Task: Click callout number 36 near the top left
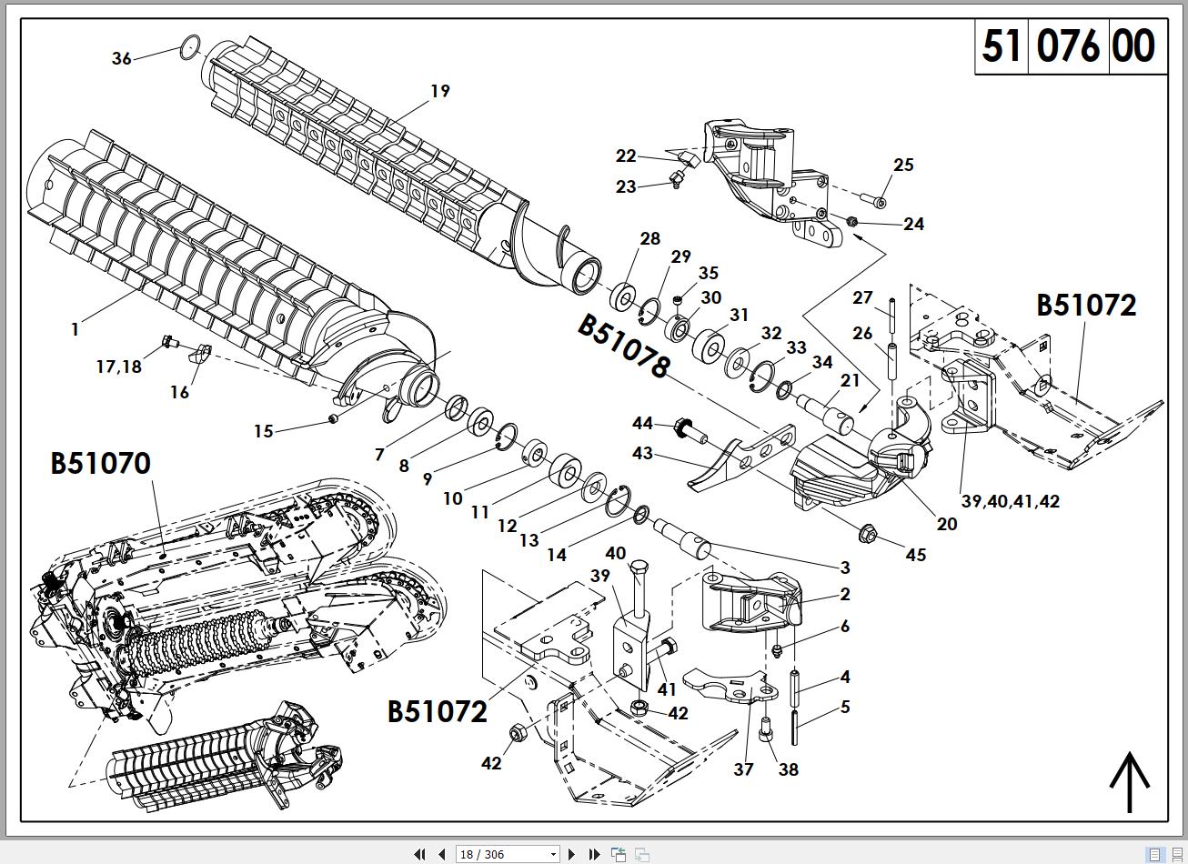point(121,58)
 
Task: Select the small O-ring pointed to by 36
point(190,47)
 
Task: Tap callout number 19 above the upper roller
point(439,91)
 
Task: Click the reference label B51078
point(624,347)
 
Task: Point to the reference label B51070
point(100,463)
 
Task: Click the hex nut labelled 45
point(867,534)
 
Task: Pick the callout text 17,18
point(118,367)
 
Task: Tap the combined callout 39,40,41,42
point(1010,501)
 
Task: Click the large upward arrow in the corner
point(1130,781)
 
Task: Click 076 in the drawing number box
point(1068,45)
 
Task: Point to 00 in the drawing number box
point(1133,45)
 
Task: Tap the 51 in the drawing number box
point(1001,45)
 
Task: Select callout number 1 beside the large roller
point(75,329)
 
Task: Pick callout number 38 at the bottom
point(788,769)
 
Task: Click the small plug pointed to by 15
point(333,419)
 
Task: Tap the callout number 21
point(850,380)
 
